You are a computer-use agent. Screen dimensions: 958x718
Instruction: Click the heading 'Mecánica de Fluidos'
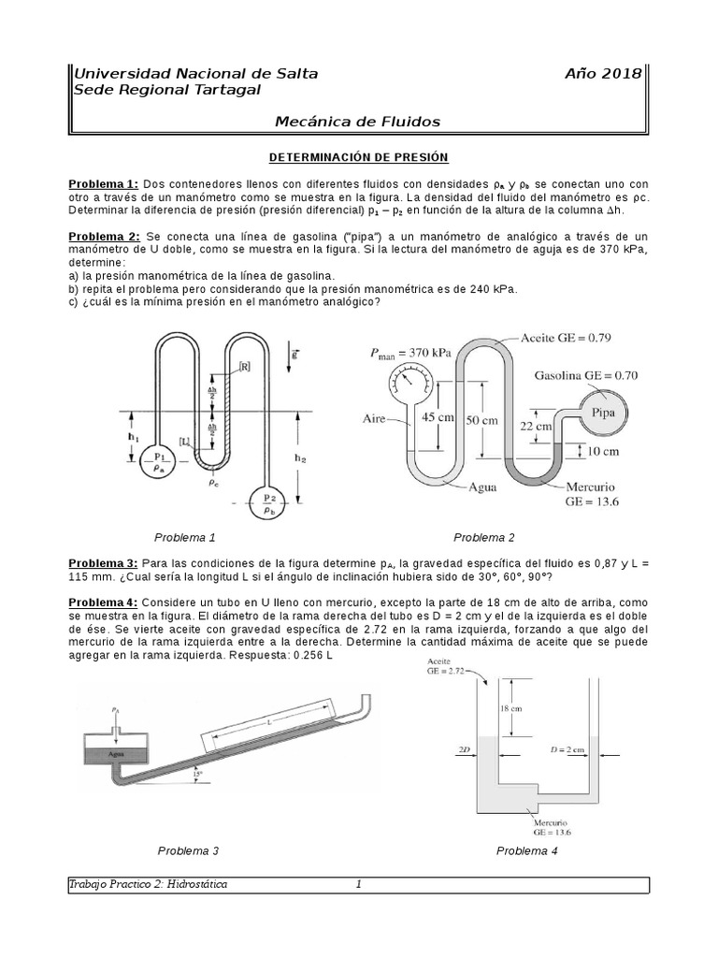click(357, 122)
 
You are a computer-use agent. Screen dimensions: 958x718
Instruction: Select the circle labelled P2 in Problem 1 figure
click(268, 503)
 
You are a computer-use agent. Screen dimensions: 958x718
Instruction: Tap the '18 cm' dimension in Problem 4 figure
click(510, 709)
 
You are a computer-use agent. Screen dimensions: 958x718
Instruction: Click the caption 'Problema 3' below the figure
click(188, 850)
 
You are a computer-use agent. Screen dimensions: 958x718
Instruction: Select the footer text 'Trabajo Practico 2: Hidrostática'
click(150, 884)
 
